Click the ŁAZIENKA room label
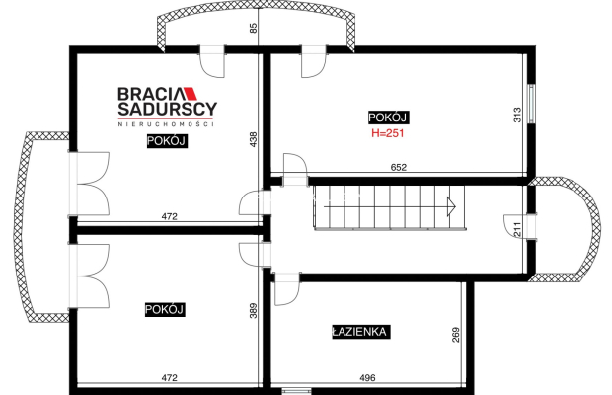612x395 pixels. click(x=361, y=332)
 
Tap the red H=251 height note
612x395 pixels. click(x=388, y=133)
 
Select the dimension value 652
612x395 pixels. click(x=399, y=168)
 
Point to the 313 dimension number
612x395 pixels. click(x=517, y=116)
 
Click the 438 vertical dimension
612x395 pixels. click(x=254, y=140)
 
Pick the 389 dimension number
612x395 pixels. click(x=254, y=311)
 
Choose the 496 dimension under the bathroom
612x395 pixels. click(x=367, y=378)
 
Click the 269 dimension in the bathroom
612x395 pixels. click(x=455, y=335)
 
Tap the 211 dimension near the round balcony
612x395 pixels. click(x=517, y=229)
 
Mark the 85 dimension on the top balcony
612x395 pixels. click(x=254, y=28)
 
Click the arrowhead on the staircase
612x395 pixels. click(x=451, y=206)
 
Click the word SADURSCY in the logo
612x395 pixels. click(x=168, y=109)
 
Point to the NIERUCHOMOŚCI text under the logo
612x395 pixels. click(x=166, y=124)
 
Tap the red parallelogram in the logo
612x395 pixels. click(x=191, y=94)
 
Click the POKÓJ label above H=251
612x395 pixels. click(x=388, y=118)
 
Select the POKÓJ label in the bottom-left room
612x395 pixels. click(x=165, y=310)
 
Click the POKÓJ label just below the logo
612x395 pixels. click(x=167, y=141)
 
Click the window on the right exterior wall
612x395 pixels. click(x=531, y=104)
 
